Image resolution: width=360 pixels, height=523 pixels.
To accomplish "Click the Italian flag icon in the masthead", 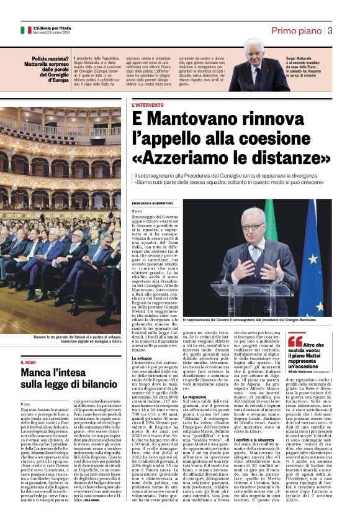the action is [x=25, y=30].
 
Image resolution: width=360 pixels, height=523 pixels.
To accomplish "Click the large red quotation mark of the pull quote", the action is [x=295, y=341].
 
